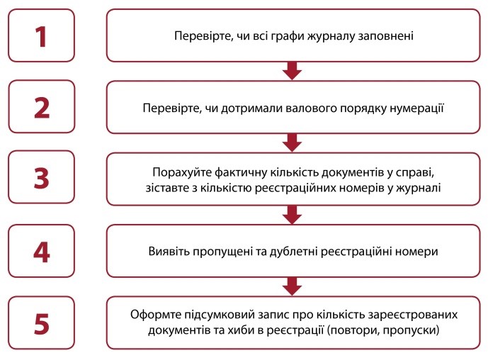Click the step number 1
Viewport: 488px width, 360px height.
point(41,36)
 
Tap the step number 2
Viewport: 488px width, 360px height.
point(42,108)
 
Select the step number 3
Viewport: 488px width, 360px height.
point(41,178)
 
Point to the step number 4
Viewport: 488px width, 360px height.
point(42,252)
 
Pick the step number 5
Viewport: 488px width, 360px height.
point(42,324)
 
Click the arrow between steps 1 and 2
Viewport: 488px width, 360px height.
point(292,71)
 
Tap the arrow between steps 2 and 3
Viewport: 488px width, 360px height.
point(292,142)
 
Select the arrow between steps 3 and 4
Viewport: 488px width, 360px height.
point(292,215)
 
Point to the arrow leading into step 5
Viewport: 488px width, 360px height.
point(292,286)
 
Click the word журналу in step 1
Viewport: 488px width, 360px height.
point(331,36)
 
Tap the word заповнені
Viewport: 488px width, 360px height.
point(386,36)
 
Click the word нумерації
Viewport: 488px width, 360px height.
point(416,108)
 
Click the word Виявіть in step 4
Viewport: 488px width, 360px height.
point(169,251)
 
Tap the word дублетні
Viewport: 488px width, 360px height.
point(293,251)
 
